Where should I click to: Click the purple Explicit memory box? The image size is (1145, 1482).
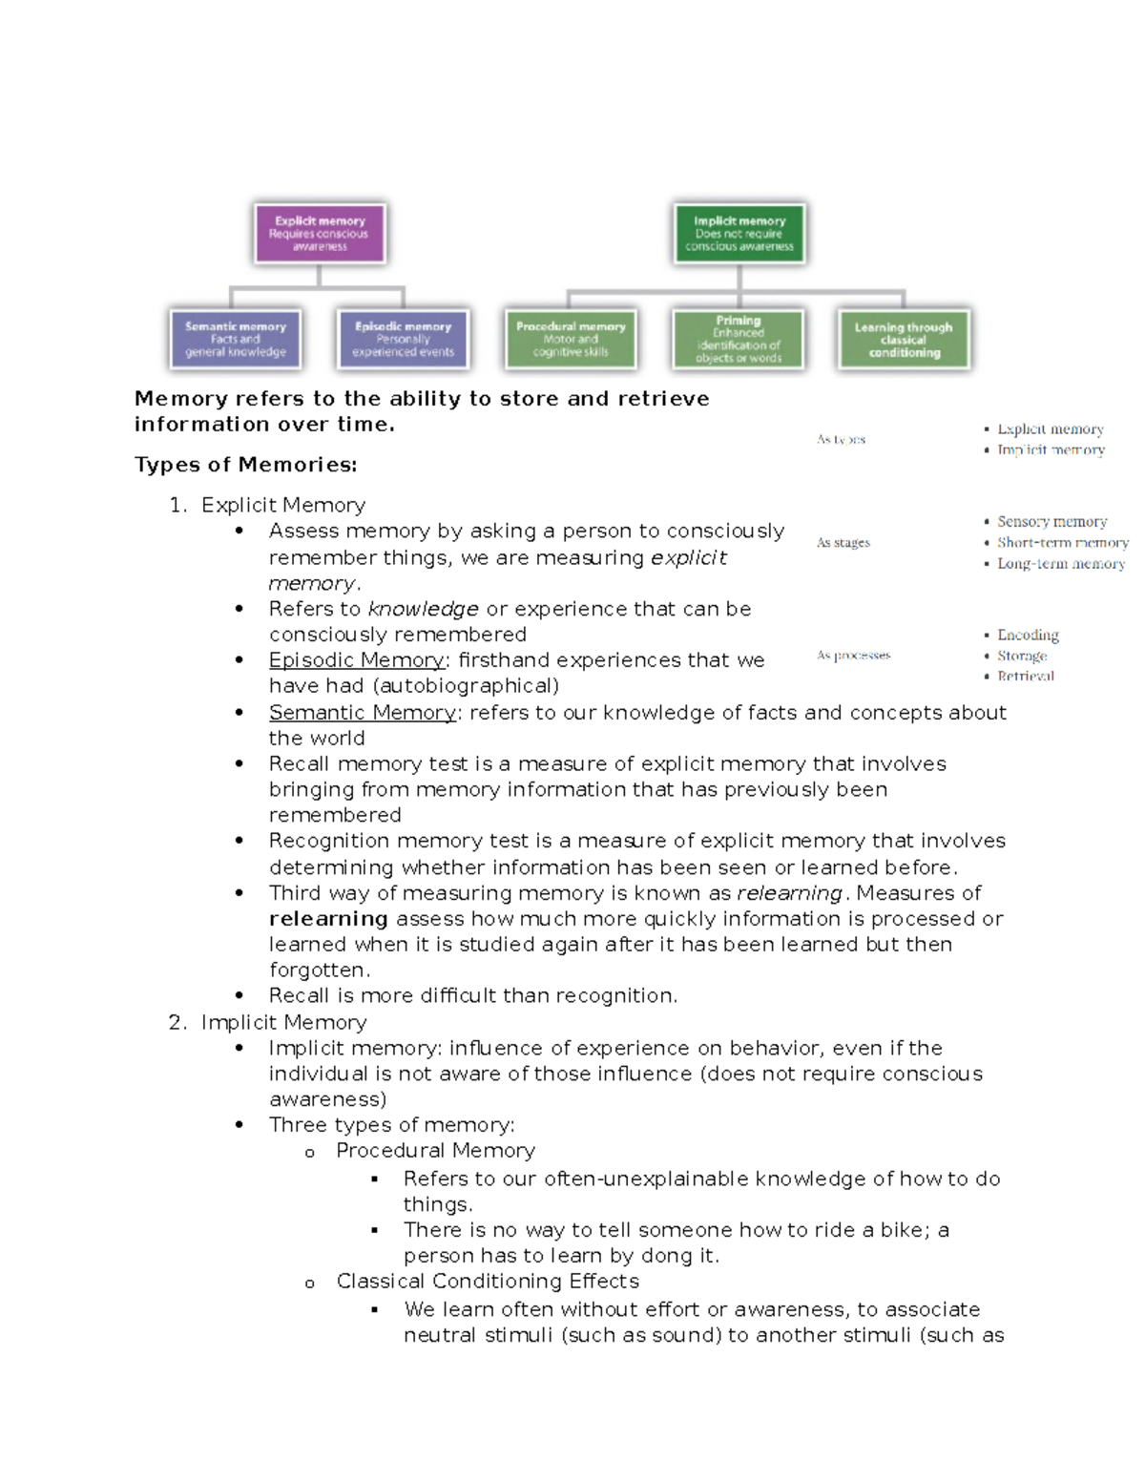320,233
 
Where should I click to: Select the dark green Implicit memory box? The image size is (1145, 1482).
739,233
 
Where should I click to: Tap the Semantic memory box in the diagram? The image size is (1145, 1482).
236,339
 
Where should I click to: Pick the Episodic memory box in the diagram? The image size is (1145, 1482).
403,339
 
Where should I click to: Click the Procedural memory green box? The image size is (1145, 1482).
571,339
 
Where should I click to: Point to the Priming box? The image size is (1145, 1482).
739,339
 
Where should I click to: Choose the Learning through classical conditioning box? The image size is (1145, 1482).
904,339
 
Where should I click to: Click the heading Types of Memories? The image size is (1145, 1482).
245,465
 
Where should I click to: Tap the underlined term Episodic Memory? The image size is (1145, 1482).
357,660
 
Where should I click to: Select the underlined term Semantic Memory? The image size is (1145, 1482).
363,713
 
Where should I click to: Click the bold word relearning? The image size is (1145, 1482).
328,919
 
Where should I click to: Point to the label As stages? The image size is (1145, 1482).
843,543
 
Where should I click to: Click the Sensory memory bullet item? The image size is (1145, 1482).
1051,522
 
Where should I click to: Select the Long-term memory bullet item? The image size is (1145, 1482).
1060,564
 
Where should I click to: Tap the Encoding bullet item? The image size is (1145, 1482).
1028,635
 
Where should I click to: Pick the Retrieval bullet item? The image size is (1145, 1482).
1026,676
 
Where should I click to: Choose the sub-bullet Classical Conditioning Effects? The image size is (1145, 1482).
488,1282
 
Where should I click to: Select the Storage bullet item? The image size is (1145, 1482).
1022,656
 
